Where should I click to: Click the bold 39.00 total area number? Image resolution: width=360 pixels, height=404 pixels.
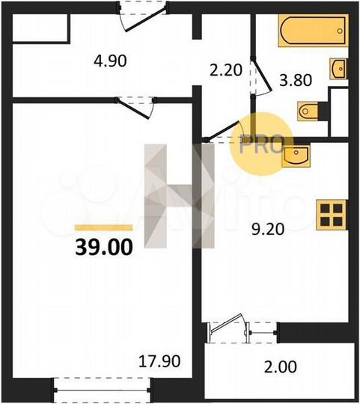point(103,247)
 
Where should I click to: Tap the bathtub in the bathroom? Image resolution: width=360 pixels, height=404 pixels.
point(313,32)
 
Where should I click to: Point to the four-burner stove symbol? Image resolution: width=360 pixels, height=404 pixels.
point(331,215)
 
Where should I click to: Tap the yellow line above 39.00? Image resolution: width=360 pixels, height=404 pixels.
point(103,227)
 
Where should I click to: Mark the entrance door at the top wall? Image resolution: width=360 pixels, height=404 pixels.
point(139,18)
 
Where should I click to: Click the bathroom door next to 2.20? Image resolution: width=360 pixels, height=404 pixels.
point(259,79)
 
